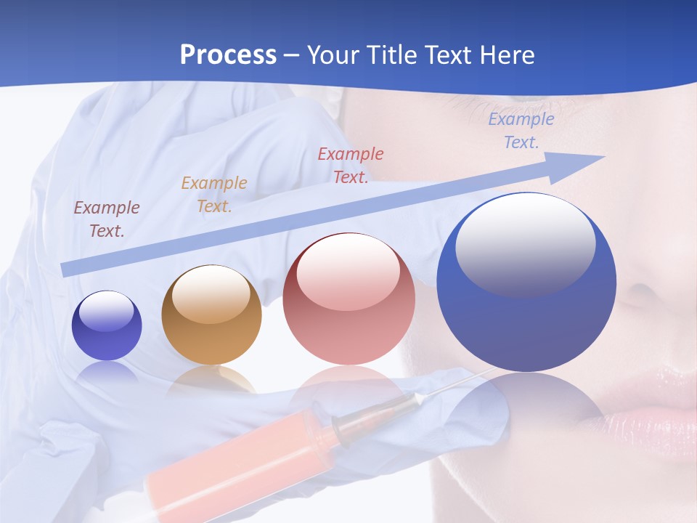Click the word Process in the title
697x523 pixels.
[x=228, y=55]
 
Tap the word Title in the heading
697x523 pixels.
[x=391, y=55]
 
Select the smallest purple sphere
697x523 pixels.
[x=107, y=326]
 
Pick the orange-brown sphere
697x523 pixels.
[x=211, y=315]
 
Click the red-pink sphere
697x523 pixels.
[x=348, y=299]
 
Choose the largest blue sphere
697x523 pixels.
[x=526, y=283]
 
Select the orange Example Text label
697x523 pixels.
[x=214, y=195]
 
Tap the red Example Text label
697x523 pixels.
[x=351, y=165]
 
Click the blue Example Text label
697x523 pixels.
[x=521, y=131]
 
